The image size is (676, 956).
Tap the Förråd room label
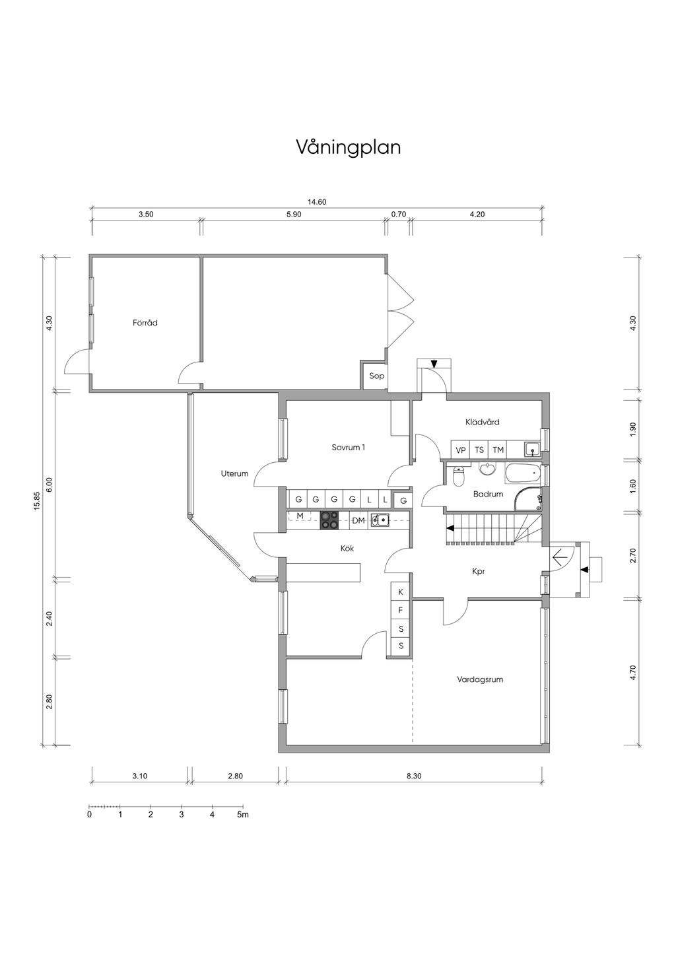145,323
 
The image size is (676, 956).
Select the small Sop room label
376,376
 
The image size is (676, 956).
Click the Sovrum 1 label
349,447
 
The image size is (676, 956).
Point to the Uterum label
234,473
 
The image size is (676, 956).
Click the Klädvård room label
483,422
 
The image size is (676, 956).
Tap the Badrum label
488,495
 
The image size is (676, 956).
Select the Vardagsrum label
480,679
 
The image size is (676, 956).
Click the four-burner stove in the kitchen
329,520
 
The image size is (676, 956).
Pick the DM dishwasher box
358,521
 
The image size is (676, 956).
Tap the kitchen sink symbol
380,520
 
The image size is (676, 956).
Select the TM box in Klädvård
498,450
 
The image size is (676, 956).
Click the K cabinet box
401,592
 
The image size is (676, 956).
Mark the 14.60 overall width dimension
317,202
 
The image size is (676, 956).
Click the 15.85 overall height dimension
37,501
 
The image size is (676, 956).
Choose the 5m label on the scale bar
243,814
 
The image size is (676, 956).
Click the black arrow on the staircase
450,528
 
